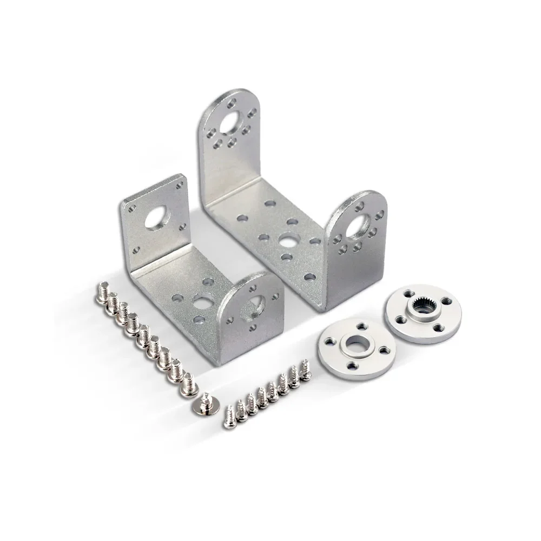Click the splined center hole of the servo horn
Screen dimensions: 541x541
[x=422, y=312]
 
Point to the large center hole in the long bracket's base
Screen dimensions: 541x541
[x=286, y=239]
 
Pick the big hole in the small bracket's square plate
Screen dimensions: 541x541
[x=160, y=217]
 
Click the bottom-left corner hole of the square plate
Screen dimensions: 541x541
[x=136, y=249]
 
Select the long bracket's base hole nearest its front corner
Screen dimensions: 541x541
[x=309, y=277]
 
